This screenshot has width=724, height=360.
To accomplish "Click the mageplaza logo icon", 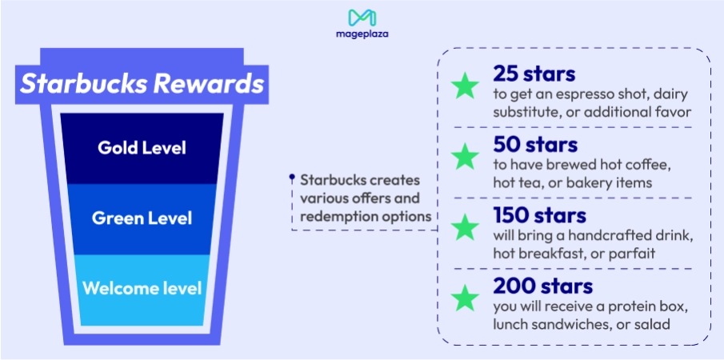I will pyautogui.click(x=362, y=18).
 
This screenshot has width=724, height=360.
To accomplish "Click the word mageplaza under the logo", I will pyautogui.click(x=362, y=34).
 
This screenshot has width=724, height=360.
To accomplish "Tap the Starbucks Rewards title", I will pyautogui.click(x=142, y=84).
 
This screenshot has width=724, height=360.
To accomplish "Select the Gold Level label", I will pyautogui.click(x=142, y=148).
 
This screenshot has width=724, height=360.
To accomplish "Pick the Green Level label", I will pyautogui.click(x=142, y=218).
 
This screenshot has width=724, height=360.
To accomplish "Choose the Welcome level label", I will pyautogui.click(x=142, y=287).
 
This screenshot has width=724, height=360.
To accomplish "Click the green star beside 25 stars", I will pyautogui.click(x=465, y=87).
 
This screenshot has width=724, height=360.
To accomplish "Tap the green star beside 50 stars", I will pyautogui.click(x=465, y=158).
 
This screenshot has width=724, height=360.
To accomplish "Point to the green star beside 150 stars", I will pyautogui.click(x=465, y=228).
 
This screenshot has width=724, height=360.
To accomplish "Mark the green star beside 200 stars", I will pyautogui.click(x=465, y=298).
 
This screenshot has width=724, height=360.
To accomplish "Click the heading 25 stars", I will pyautogui.click(x=534, y=74).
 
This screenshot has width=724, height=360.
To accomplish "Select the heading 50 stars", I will pyautogui.click(x=535, y=145).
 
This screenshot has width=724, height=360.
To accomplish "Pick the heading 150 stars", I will pyautogui.click(x=540, y=215).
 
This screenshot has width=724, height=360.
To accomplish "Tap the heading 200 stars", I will pyautogui.click(x=543, y=286).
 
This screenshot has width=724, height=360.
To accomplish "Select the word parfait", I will pyautogui.click(x=631, y=253).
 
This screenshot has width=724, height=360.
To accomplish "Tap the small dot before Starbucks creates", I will pyautogui.click(x=292, y=178).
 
